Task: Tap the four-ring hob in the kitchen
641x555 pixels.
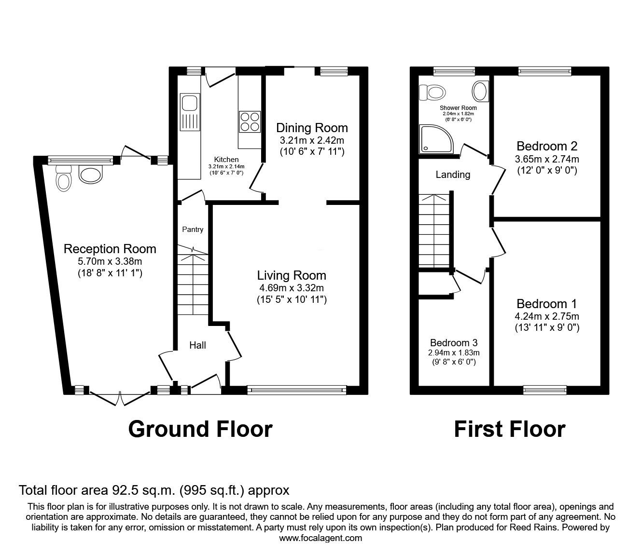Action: click(250, 122)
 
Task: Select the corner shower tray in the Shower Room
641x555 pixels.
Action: click(436, 139)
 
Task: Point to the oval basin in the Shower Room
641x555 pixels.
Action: click(480, 91)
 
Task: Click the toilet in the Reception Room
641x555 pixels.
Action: click(64, 178)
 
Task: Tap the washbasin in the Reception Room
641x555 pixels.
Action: click(91, 174)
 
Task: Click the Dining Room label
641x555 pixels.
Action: click(312, 128)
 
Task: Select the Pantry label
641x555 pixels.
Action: click(193, 230)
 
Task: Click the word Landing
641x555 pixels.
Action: click(453, 175)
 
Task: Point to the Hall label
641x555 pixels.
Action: click(197, 345)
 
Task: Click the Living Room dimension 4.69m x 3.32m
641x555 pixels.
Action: click(292, 288)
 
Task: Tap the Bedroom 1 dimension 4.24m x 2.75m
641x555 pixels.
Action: click(547, 316)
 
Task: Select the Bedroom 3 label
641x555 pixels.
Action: click(454, 343)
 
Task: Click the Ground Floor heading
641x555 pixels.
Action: click(200, 429)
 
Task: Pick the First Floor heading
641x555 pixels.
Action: click(510, 429)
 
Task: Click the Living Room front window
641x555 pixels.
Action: click(297, 390)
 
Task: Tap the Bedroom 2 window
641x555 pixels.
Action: click(544, 71)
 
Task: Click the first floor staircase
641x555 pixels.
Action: click(434, 230)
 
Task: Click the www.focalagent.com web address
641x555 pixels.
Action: click(320, 538)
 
